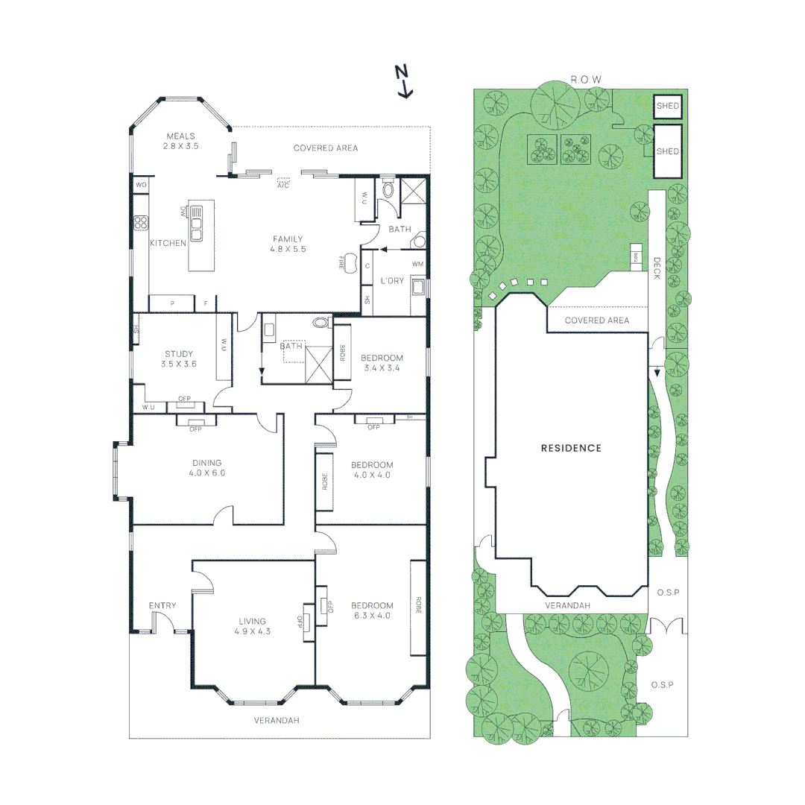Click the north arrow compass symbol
click(404, 80)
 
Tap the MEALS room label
click(180, 141)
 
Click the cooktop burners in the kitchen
click(140, 222)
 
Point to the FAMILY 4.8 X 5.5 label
click(288, 244)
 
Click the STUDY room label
click(179, 359)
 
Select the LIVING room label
click(253, 626)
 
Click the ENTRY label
click(162, 605)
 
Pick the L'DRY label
click(392, 280)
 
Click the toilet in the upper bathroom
click(387, 189)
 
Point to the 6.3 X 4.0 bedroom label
click(373, 610)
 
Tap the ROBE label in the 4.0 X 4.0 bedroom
click(325, 482)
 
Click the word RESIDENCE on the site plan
click(571, 448)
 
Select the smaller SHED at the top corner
click(668, 107)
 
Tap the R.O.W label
click(585, 79)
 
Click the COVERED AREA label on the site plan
click(596, 321)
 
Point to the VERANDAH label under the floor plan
click(277, 720)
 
